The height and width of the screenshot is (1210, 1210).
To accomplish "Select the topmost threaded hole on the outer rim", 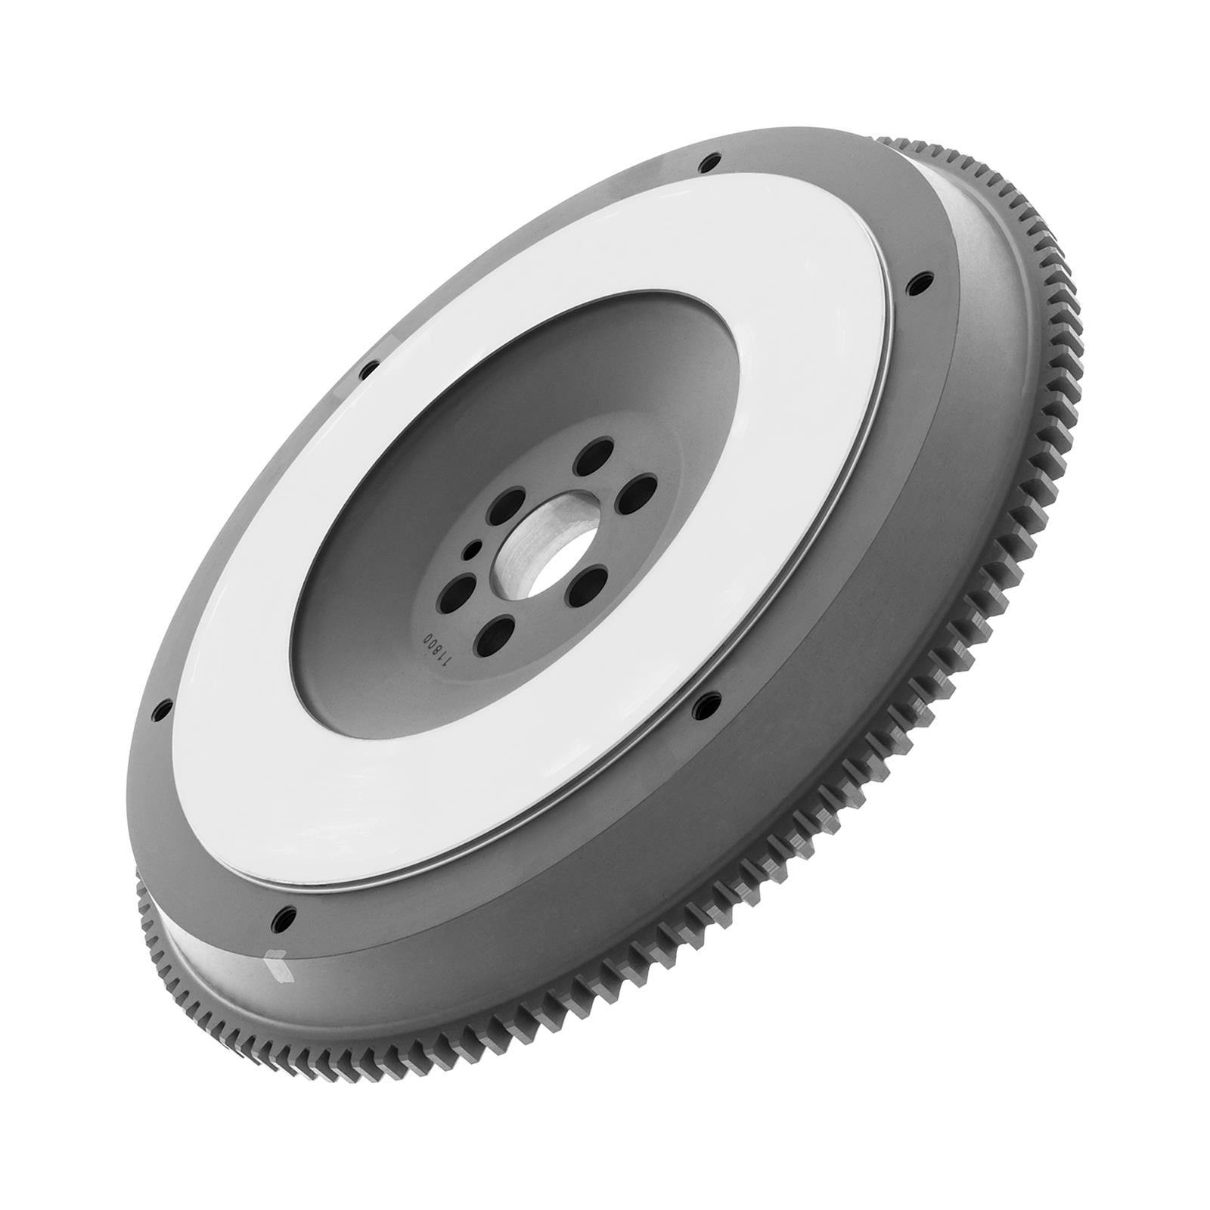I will click(x=709, y=163).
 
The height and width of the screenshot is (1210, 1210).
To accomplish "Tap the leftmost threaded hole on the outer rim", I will click(x=160, y=709).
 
